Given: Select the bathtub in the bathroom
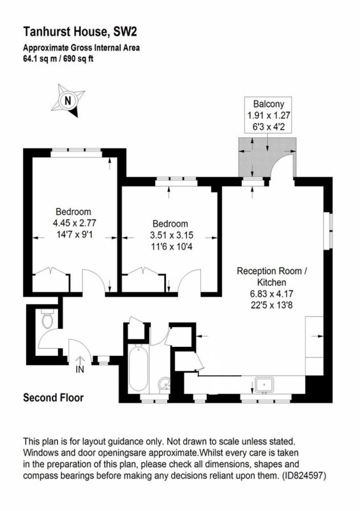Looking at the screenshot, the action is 139,369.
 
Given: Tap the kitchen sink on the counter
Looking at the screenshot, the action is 265,385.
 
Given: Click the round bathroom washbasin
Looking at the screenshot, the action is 164,385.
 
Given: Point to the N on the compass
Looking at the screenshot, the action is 68,100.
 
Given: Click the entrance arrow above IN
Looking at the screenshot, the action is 80,360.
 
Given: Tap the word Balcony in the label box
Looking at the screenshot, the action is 269,104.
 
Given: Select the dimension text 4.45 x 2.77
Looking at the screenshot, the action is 75,223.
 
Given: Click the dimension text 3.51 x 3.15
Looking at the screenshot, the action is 171,235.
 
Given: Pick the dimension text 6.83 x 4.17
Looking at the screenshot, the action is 272,294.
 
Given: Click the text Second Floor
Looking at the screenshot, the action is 54,397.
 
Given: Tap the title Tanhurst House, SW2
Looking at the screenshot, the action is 80,32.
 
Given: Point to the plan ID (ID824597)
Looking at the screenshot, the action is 304,475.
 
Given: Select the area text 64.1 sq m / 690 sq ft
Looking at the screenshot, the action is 58,59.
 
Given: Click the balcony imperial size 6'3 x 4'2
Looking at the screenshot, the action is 269,126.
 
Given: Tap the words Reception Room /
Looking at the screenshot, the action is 272,271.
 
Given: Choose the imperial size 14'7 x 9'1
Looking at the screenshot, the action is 75,234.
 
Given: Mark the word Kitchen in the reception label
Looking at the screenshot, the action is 272,282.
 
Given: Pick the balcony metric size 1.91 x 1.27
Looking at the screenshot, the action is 269,116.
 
